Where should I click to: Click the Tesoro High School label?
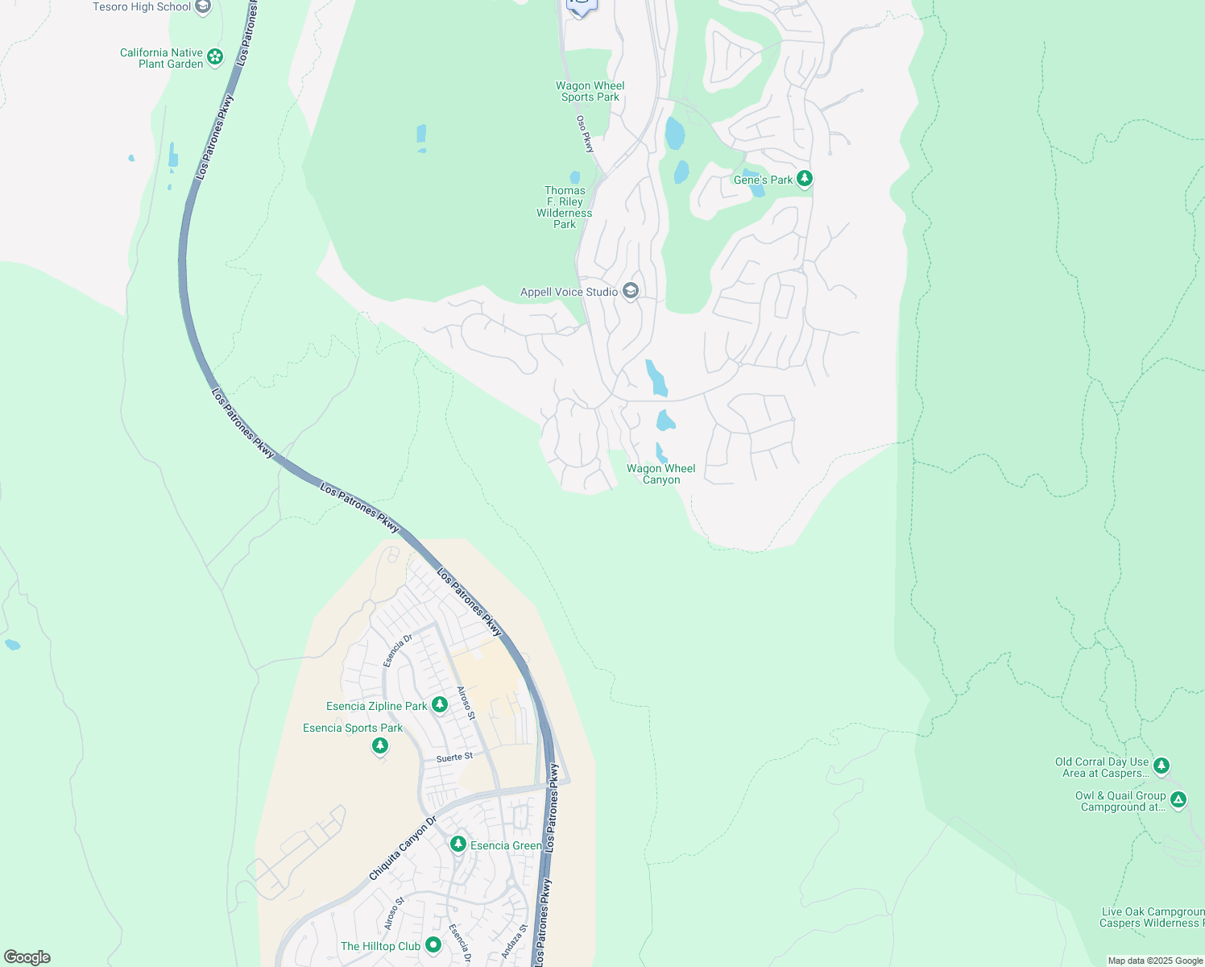tap(142, 7)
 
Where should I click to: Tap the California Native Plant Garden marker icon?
tap(215, 56)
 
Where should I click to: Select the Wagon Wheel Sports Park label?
tap(590, 92)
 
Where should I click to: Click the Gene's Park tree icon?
tap(804, 179)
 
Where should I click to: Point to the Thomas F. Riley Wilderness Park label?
tap(565, 208)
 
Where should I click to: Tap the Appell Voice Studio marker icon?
tap(631, 291)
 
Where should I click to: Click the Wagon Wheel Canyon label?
tap(661, 474)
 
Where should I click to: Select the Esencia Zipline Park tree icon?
tap(439, 705)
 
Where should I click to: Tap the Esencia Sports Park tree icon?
tap(380, 746)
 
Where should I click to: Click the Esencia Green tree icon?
tap(458, 844)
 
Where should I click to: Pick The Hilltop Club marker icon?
tap(433, 944)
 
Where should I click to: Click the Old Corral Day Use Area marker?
tap(1161, 765)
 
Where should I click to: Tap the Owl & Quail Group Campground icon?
tap(1178, 799)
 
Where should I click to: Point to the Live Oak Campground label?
tap(1153, 918)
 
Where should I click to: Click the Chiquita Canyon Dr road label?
tap(402, 849)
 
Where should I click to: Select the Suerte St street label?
tap(454, 757)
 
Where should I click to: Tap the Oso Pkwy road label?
tap(585, 134)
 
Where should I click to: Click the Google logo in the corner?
tap(27, 957)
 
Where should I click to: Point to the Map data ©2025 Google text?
tap(1155, 961)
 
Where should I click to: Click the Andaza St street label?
tap(514, 941)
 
